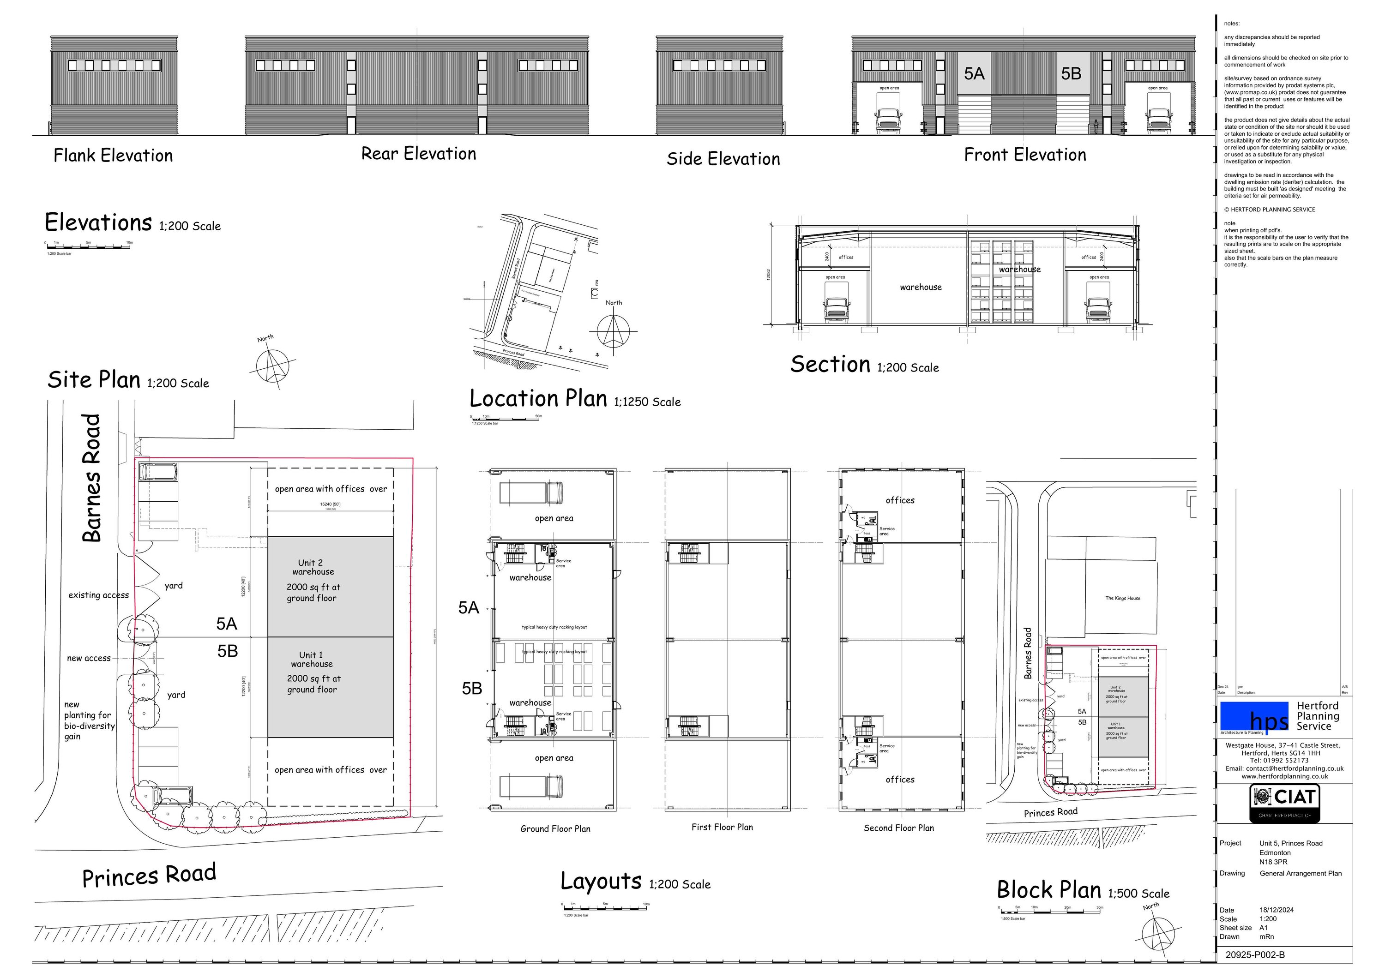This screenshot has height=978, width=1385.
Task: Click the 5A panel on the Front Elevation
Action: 974,73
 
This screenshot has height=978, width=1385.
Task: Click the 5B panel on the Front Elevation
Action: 1072,73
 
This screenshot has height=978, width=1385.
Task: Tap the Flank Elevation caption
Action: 113,156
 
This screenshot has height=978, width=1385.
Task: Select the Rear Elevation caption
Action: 419,154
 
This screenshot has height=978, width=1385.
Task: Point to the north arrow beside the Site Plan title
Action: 273,364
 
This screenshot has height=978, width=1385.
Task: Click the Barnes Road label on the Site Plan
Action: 92,478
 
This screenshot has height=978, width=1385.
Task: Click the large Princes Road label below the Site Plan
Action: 149,876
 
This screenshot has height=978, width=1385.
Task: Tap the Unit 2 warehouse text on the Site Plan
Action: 313,567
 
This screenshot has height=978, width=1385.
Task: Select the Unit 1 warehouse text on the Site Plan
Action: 311,659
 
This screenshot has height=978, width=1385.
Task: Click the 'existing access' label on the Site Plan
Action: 98,595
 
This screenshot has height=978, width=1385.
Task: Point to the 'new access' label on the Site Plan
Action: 89,659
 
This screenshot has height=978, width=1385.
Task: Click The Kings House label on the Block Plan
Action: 1123,598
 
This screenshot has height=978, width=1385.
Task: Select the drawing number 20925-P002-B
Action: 1255,955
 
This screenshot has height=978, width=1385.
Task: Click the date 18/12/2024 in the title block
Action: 1277,910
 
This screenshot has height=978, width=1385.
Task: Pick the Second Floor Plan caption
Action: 898,828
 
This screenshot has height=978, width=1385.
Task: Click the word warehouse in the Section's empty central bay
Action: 921,288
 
